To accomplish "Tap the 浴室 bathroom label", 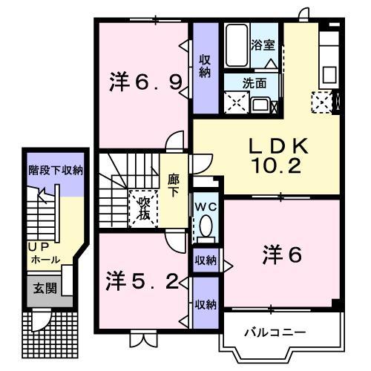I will [263, 45].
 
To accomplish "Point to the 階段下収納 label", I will [55, 170].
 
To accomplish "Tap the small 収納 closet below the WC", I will [205, 260].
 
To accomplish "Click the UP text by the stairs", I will [37, 246].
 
